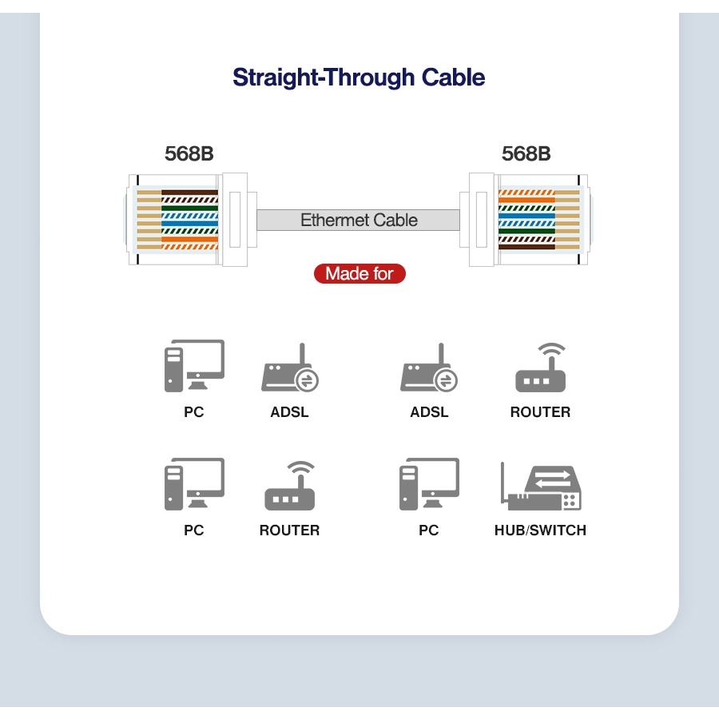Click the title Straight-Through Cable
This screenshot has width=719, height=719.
pos(359,77)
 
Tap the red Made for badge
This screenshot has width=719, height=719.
pos(359,273)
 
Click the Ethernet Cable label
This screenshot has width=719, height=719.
pos(359,220)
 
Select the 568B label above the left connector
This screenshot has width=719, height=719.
pos(189,153)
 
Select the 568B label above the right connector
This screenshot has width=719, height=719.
pos(526,153)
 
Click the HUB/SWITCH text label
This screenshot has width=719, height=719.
pos(540,530)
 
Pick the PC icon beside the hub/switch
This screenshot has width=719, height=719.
pos(429,483)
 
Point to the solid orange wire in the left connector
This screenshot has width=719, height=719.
pos(189,239)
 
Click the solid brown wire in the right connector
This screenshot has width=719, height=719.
pos(526,247)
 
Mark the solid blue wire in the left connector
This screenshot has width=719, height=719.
pos(189,224)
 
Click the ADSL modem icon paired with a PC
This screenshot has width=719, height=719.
pos(290,369)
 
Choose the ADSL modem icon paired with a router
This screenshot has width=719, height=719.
pos(429,369)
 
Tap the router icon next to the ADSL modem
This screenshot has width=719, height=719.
pos(541,369)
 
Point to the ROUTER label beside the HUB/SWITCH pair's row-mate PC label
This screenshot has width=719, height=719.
pos(289,530)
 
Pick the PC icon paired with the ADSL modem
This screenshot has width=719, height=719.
pos(194,366)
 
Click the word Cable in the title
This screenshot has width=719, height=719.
pos(453,77)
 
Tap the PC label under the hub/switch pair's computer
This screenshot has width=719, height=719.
pos(429,530)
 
